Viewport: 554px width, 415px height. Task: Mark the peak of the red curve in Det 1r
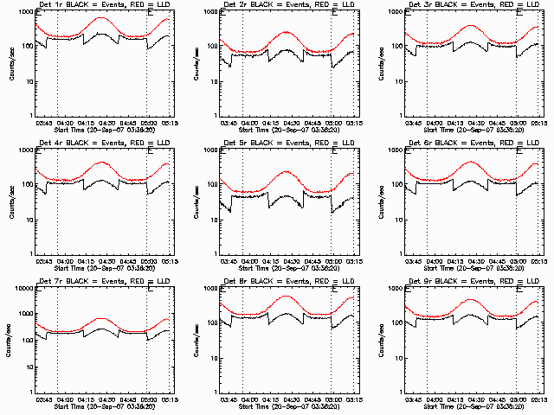(102, 17)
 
